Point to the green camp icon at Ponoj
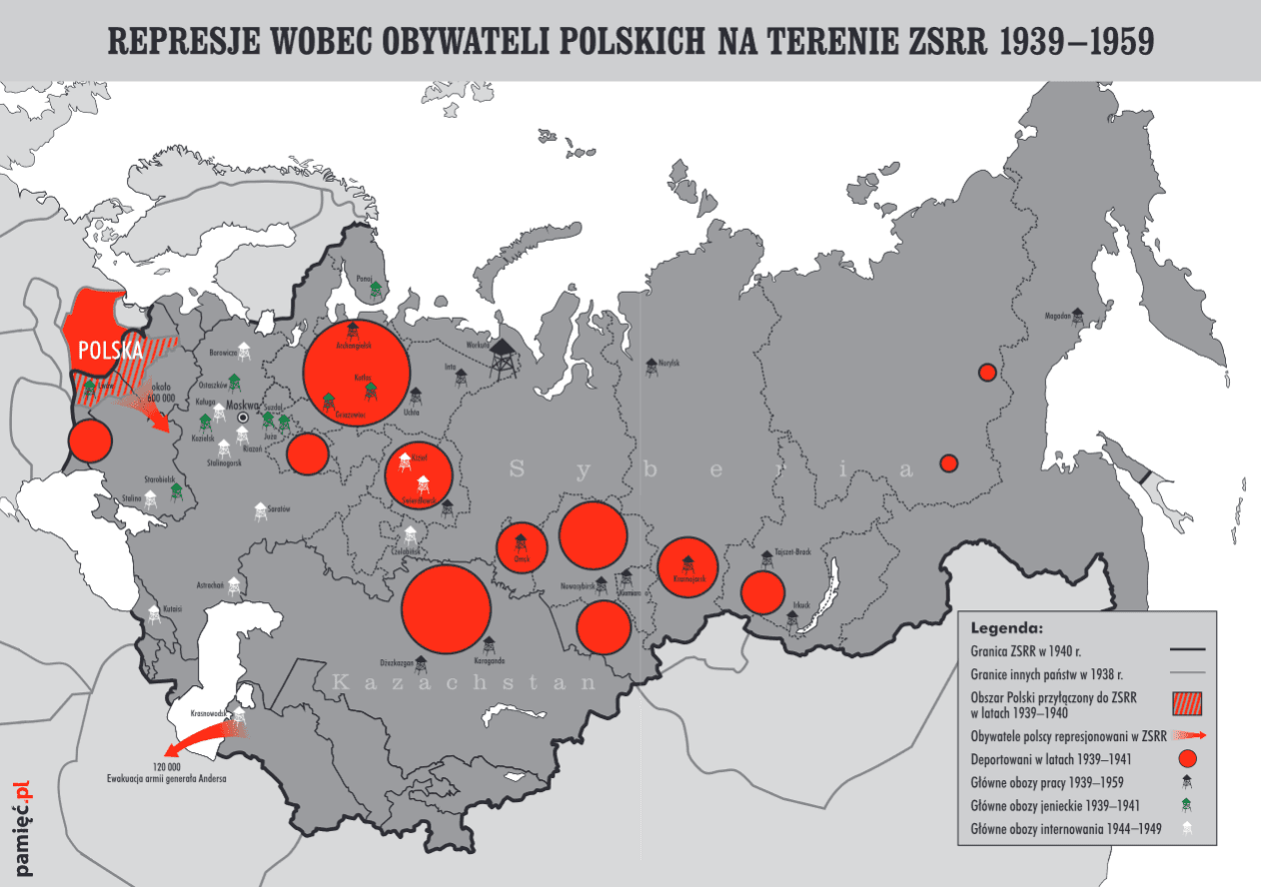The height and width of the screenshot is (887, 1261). click(x=375, y=290)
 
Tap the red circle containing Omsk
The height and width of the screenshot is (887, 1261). click(x=522, y=546)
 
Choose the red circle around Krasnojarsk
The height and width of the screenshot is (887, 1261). click(x=687, y=566)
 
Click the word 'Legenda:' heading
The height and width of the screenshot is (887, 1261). click(x=1006, y=628)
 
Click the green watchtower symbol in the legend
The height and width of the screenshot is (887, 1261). click(x=1187, y=805)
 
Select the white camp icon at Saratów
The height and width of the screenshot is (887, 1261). click(x=261, y=511)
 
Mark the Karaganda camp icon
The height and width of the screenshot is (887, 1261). click(x=489, y=646)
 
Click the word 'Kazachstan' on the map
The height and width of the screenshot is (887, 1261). click(x=464, y=684)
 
